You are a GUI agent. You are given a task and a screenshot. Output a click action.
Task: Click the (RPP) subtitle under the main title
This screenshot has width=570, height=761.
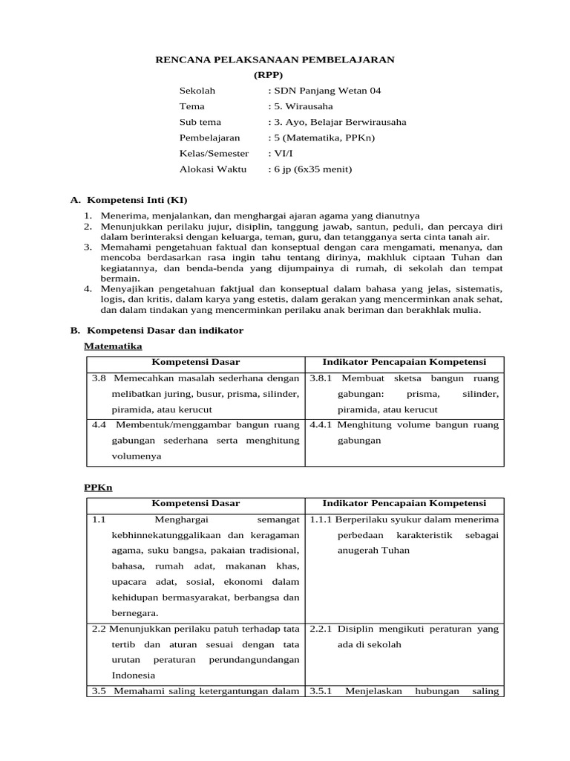pos(268,75)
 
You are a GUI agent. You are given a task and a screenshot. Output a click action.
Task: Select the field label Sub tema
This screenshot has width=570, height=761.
pos(200,122)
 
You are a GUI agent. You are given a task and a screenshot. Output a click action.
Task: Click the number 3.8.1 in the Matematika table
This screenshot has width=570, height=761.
pos(321,378)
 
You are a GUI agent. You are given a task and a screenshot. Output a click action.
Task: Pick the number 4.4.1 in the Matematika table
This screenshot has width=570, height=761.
pos(321,425)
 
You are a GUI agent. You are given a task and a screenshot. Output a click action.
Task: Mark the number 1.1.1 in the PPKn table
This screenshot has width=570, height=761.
pos(321,519)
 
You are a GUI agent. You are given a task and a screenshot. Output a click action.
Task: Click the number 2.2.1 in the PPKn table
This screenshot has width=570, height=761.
pos(321,629)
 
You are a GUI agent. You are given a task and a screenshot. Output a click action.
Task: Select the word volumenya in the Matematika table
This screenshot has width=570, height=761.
pos(137,456)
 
